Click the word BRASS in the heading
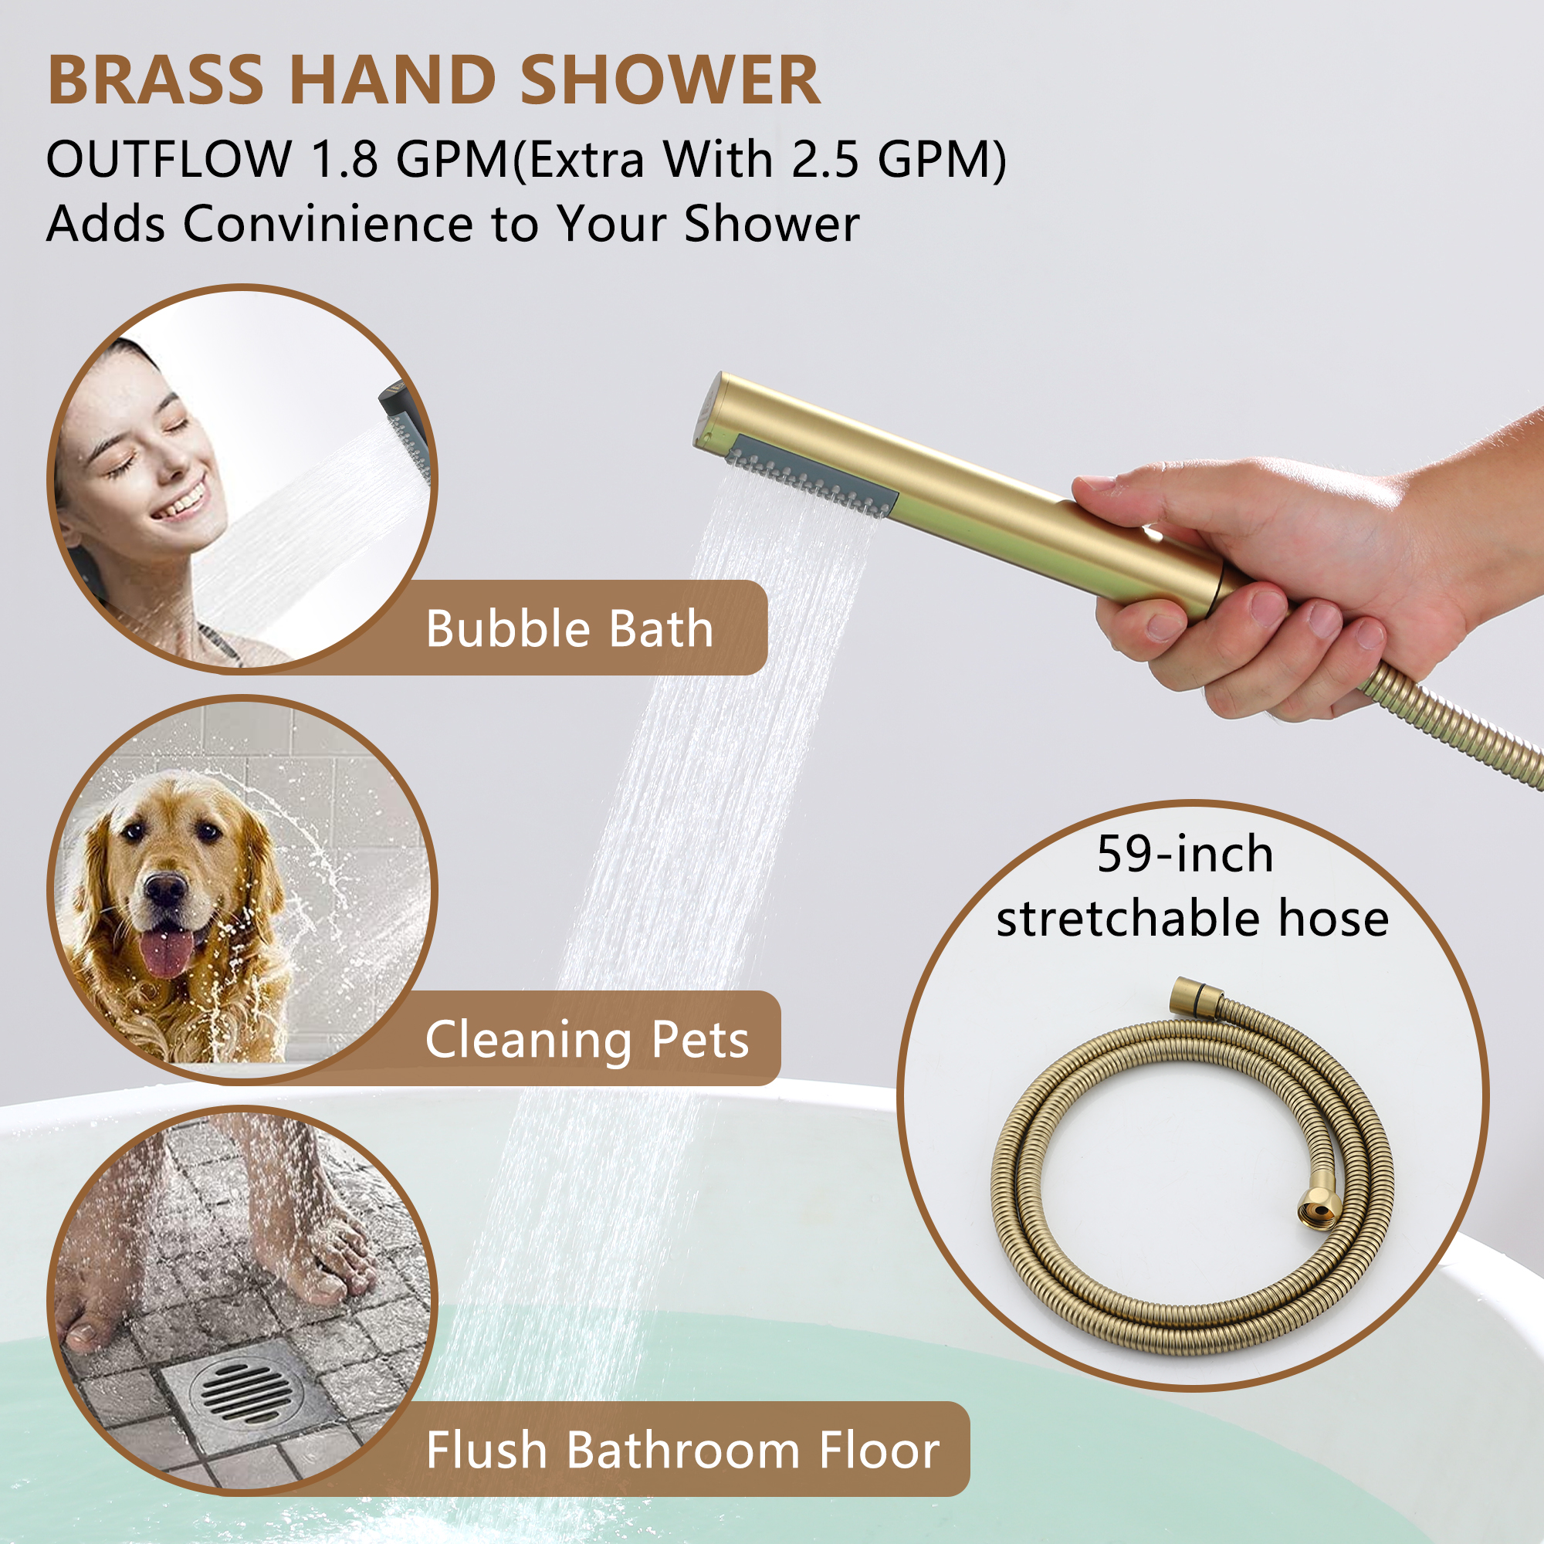click(156, 80)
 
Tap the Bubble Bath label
click(569, 629)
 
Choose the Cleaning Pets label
click(587, 1040)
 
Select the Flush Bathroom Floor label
click(682, 1450)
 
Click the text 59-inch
click(1185, 855)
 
